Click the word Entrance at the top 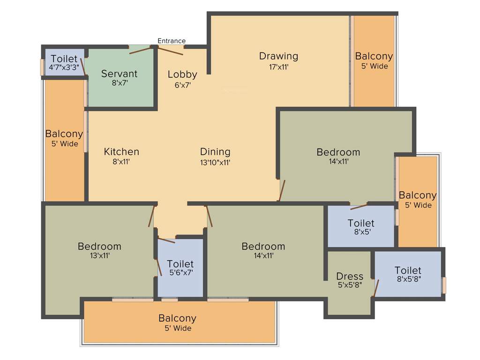click(x=172, y=41)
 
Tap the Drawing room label click(x=278, y=56)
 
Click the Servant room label click(x=120, y=74)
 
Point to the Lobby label click(x=182, y=75)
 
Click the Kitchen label click(x=121, y=152)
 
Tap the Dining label click(x=215, y=152)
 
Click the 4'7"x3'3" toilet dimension click(x=64, y=67)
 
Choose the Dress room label click(x=350, y=276)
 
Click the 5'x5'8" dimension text click(x=350, y=285)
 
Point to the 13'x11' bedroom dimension click(x=99, y=256)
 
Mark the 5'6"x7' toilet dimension click(x=180, y=272)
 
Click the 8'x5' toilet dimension click(x=361, y=232)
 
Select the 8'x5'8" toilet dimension click(x=408, y=279)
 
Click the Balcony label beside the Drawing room click(x=374, y=56)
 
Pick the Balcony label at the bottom click(x=177, y=318)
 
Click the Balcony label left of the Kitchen click(x=64, y=134)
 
